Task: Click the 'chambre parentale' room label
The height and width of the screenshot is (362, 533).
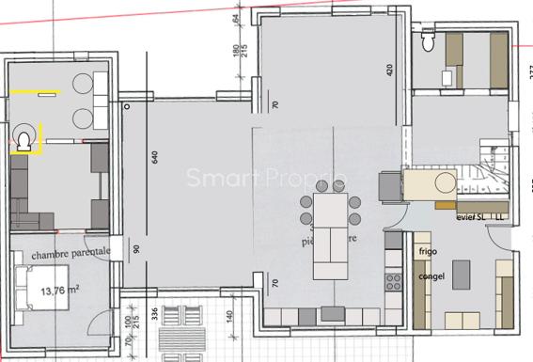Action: click(x=71, y=254)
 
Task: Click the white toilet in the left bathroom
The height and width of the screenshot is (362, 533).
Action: click(x=24, y=141)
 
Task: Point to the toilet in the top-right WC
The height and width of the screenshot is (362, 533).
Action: click(x=429, y=42)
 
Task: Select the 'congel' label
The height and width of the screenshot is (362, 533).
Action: click(x=431, y=277)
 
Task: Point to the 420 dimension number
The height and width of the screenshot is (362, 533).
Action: click(x=388, y=71)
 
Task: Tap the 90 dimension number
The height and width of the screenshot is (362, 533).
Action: click(x=135, y=251)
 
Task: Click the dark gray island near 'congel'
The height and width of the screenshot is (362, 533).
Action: click(x=462, y=275)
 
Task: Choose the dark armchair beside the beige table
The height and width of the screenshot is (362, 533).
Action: click(x=386, y=186)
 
